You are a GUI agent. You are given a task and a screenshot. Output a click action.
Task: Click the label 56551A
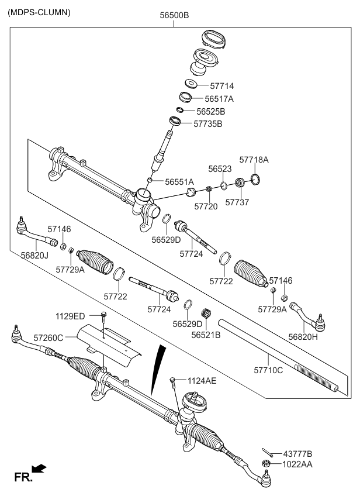[179, 182]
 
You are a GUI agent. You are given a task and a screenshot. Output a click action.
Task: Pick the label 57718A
[254, 159]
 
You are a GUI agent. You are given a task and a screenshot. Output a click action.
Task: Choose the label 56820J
[34, 255]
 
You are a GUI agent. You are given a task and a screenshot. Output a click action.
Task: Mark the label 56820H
[303, 336]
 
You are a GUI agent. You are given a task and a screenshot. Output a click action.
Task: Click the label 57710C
[269, 370]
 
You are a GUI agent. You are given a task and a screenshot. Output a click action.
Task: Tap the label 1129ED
[71, 316]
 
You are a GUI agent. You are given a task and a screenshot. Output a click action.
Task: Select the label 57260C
[49, 337]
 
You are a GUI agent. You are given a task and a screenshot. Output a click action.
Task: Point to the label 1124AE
[202, 381]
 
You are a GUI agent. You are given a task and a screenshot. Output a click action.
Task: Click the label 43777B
[298, 453]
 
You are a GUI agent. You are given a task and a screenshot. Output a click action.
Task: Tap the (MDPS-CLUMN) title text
[40, 12]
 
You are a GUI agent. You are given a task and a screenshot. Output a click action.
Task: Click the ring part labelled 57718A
[255, 178]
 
